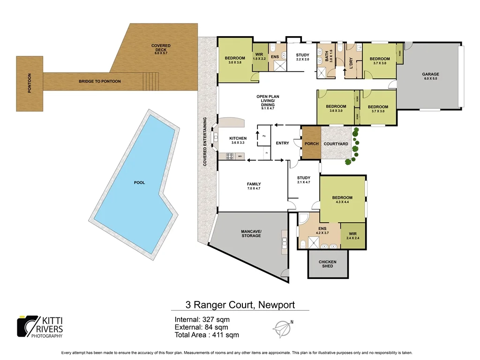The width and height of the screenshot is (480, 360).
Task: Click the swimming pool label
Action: click(139, 182)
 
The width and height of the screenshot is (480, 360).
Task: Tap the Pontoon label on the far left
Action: click(30, 84)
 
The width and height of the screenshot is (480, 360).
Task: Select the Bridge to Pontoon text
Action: click(99, 82)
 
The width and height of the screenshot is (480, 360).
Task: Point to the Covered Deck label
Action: click(161, 49)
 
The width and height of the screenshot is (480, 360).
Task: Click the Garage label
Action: click(430, 76)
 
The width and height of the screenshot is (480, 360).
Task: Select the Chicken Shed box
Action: click(328, 264)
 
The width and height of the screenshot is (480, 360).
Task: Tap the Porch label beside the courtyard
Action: click(312, 144)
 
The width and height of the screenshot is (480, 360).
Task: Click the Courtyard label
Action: click(336, 144)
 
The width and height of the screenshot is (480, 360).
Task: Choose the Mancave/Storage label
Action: click(251, 233)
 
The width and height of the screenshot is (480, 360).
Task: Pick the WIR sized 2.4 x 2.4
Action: click(353, 235)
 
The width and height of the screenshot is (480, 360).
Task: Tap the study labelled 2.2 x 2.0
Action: click(303, 57)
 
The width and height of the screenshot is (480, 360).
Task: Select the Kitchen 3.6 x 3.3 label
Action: click(238, 140)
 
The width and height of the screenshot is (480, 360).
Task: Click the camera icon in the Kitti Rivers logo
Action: click(26, 325)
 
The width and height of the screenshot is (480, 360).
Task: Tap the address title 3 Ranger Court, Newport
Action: click(240, 305)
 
